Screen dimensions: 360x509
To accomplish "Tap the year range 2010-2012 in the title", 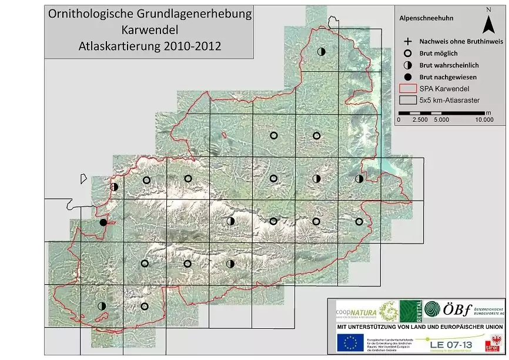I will [193, 45].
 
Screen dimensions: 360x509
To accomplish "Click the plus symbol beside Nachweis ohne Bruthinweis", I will [407, 42].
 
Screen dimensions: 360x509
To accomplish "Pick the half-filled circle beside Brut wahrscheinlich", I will [407, 65].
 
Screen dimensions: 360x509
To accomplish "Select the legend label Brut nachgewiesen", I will [448, 77].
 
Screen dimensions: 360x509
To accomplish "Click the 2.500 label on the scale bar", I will [420, 119].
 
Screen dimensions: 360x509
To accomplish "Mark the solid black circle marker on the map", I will [103, 222].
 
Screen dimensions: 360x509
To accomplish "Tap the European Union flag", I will [350, 342].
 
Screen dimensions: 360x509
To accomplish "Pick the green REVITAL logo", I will [409, 310].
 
